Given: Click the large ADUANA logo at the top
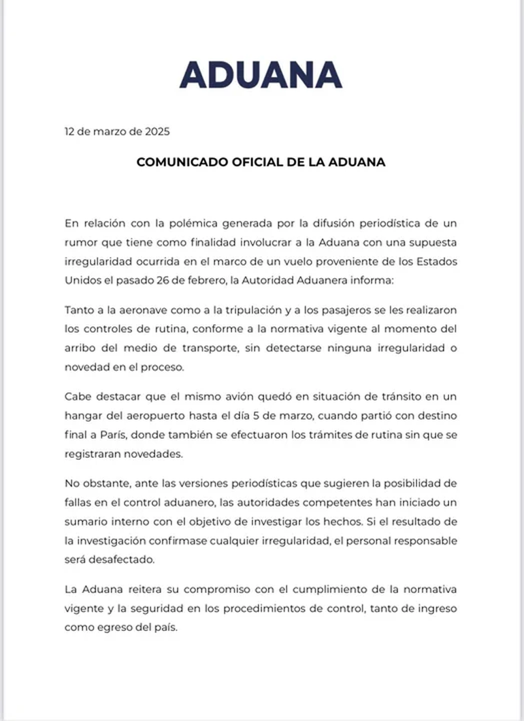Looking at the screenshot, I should tap(261, 75).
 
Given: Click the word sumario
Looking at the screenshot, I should tap(86, 520).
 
